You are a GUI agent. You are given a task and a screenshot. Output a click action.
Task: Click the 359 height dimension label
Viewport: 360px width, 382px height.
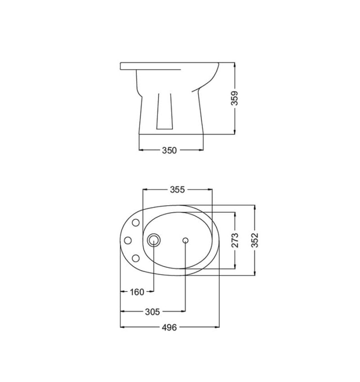tap(234, 98)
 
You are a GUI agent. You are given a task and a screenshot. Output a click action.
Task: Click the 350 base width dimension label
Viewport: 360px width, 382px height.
tap(169, 150)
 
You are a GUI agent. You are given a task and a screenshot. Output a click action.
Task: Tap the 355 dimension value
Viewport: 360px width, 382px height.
tap(177, 190)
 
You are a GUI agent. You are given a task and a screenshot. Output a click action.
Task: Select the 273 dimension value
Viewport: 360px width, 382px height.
tap(235, 240)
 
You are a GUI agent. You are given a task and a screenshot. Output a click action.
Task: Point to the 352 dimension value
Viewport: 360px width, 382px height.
tap(255, 240)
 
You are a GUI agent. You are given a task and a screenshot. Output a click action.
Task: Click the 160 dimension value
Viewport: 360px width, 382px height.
tap(137, 292)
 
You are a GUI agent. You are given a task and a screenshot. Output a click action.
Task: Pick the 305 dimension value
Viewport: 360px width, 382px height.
tap(153, 312)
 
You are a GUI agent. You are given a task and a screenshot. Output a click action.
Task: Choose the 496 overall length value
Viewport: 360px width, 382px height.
tap(169, 327)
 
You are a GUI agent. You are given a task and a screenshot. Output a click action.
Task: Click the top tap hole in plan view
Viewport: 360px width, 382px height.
tap(135, 223)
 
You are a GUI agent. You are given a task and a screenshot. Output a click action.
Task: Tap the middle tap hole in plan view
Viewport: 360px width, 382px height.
tap(128, 241)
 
